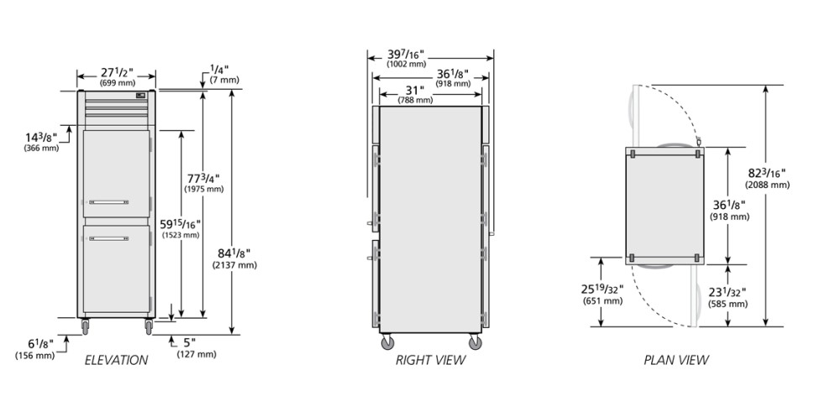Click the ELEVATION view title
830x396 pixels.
(x=117, y=361)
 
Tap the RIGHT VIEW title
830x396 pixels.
(x=430, y=361)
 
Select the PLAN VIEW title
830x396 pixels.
(x=676, y=361)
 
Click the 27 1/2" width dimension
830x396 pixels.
(x=116, y=72)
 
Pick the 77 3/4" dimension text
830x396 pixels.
(x=204, y=178)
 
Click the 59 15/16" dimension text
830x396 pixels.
(x=180, y=224)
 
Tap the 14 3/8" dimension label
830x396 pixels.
(x=41, y=138)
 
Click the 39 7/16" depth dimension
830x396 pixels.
(x=406, y=55)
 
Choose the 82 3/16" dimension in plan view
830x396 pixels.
(x=767, y=173)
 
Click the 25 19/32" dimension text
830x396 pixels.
(x=602, y=289)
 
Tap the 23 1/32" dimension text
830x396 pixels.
(x=728, y=292)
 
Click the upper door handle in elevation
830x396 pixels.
(x=108, y=202)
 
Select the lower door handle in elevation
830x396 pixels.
(x=108, y=239)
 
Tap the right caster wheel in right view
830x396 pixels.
(x=475, y=342)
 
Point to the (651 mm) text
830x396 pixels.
(x=602, y=301)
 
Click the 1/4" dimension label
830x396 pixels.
(x=219, y=70)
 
